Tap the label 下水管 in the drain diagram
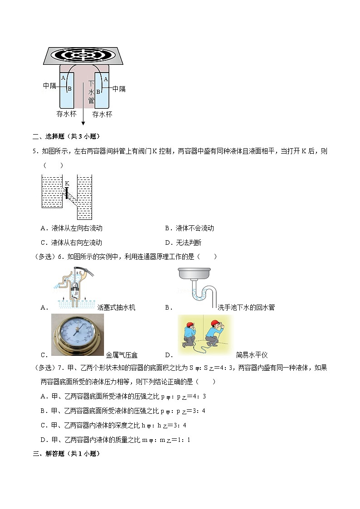91,92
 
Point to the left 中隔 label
49,86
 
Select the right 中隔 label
119,89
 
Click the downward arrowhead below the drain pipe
83,123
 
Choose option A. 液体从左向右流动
72,228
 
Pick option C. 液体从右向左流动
72,242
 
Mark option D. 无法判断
183,242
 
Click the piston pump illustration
73,288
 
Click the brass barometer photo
77,335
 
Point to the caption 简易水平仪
252,355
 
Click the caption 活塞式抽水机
117,307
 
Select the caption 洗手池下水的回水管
246,307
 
